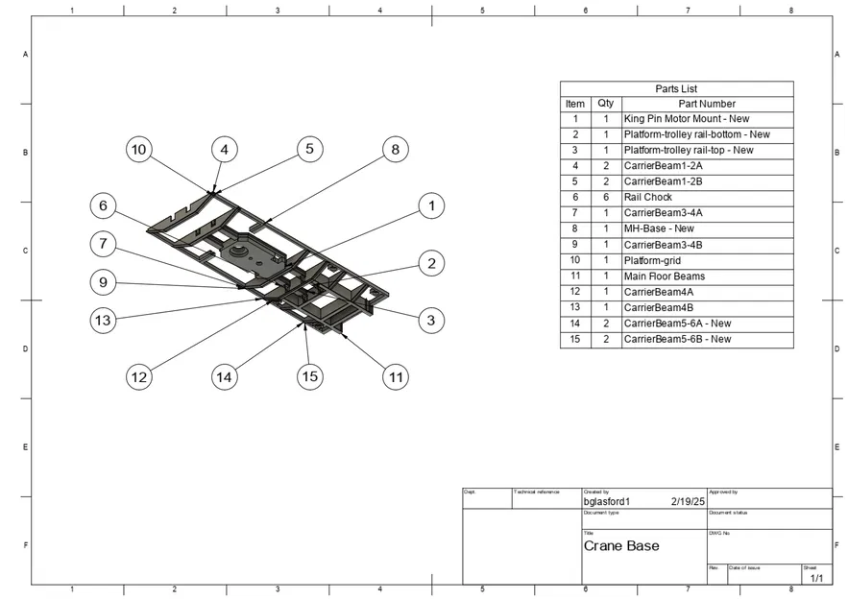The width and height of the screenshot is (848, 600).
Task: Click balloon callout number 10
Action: tap(139, 150)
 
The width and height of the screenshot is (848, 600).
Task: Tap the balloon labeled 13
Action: tap(102, 320)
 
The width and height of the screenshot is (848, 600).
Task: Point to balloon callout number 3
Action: tap(431, 320)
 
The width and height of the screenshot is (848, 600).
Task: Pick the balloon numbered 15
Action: tap(309, 377)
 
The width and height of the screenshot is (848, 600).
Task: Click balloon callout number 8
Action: tap(395, 150)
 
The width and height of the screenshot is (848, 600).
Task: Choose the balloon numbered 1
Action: tap(431, 205)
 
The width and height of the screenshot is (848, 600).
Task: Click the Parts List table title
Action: tap(676, 88)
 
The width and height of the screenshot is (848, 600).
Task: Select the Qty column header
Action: tap(605, 104)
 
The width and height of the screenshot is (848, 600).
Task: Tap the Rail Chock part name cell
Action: tap(648, 197)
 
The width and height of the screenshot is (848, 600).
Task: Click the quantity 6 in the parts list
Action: tap(606, 197)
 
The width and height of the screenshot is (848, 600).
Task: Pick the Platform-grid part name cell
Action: tap(652, 260)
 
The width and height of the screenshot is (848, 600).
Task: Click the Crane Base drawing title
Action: tap(621, 545)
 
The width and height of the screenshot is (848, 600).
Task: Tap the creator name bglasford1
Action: tap(606, 501)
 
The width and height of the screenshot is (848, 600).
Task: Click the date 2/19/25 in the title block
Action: tap(688, 501)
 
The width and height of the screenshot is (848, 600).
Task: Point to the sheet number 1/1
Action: tap(816, 578)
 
